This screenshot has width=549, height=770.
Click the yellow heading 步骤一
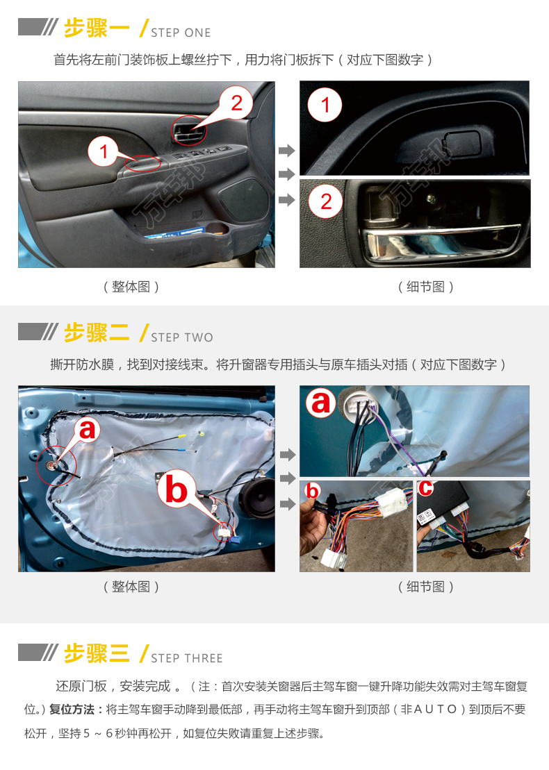click(x=97, y=28)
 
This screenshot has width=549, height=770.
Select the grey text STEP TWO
click(x=182, y=337)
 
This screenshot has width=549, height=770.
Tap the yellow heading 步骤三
click(x=97, y=653)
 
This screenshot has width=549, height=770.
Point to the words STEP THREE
click(x=187, y=658)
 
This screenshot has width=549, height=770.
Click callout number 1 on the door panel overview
click(x=104, y=152)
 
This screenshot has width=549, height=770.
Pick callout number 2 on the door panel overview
click(x=236, y=103)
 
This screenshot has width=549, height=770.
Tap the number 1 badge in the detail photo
click(x=325, y=105)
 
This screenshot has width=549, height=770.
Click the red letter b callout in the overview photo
click(x=175, y=489)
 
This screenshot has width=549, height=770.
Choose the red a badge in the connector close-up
click(x=320, y=403)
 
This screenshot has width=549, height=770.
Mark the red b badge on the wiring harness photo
click(x=312, y=490)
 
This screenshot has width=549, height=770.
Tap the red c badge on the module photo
click(x=425, y=488)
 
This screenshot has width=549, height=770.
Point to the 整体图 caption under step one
click(x=131, y=287)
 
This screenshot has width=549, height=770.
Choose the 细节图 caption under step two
click(x=425, y=586)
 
